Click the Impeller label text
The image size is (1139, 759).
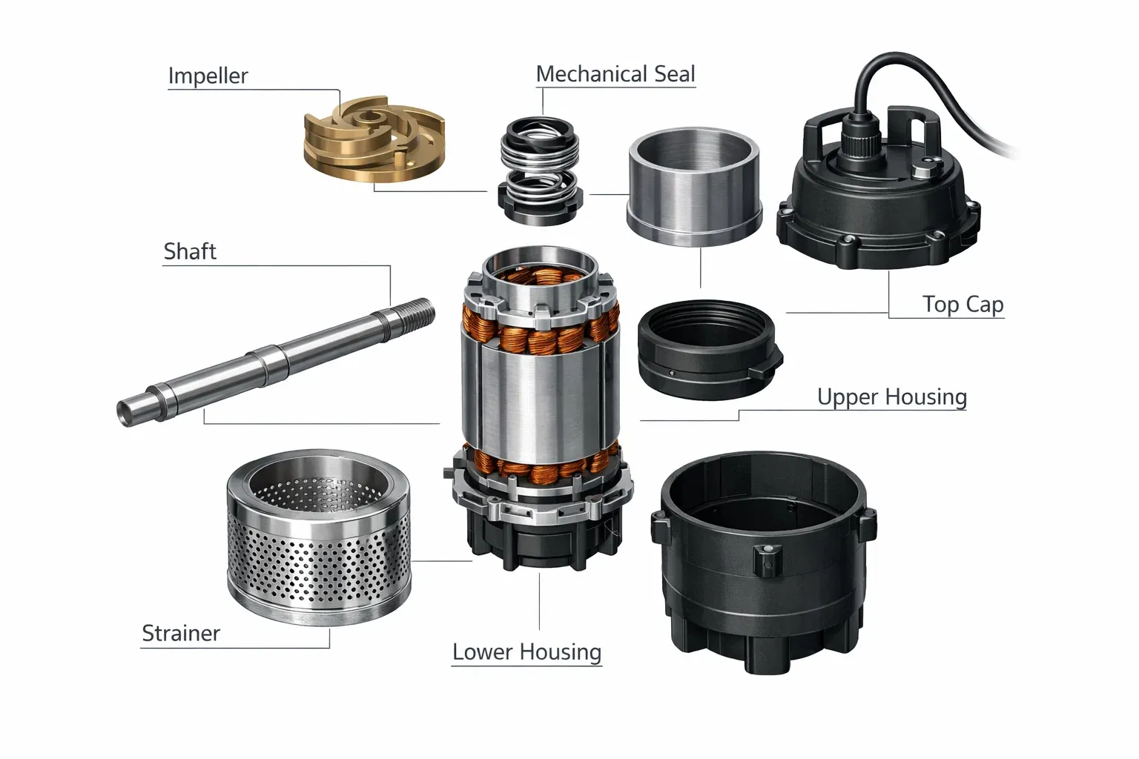(x=208, y=76)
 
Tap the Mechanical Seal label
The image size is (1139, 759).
(x=615, y=74)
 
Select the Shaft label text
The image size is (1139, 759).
(x=190, y=252)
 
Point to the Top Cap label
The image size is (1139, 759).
(x=963, y=305)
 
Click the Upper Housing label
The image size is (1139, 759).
(x=892, y=397)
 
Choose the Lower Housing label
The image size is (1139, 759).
(x=526, y=652)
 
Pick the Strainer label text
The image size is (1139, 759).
(x=181, y=634)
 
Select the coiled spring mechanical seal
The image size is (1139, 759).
(x=540, y=170)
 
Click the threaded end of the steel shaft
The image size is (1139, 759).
(x=413, y=314)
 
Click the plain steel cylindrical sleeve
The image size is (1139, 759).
(x=695, y=186)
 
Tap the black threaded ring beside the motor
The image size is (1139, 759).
(x=710, y=350)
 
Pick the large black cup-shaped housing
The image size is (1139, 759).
(x=764, y=562)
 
